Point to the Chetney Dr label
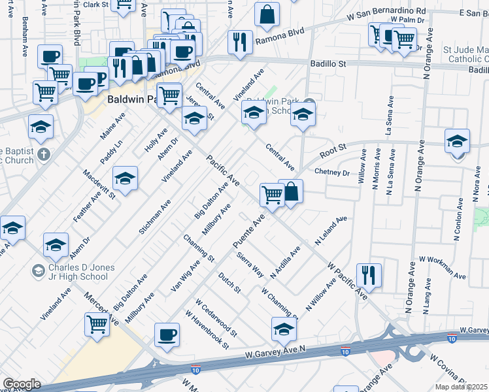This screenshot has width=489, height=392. (x=332, y=172)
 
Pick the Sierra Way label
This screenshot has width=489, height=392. (x=250, y=264)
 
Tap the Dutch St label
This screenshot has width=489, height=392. (x=229, y=282)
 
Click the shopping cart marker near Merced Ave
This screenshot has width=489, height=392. (x=97, y=323)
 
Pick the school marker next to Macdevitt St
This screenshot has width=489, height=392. (x=125, y=177)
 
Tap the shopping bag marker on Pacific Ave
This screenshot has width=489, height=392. (x=291, y=191)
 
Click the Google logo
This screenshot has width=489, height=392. (x=22, y=384)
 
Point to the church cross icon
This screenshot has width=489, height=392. (x=44, y=155)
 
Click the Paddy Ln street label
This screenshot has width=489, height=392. (x=111, y=152)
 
